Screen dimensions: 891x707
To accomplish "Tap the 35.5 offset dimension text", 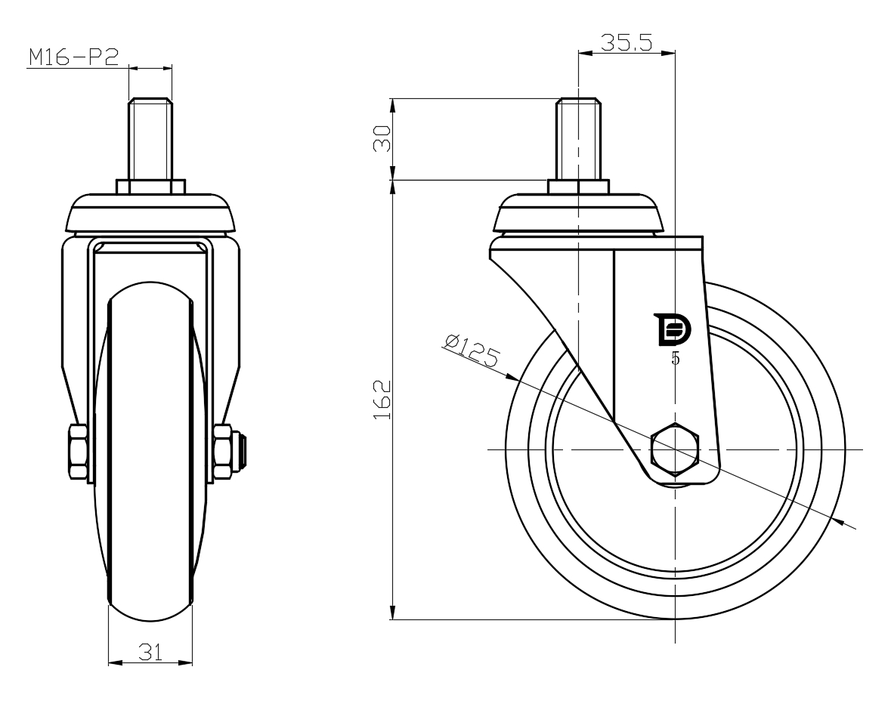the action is tap(626, 43).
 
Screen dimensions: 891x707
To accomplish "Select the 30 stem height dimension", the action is tap(382, 138).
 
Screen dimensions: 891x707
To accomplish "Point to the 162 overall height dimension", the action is tap(382, 400).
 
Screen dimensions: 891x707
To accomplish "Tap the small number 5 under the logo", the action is tap(675, 359).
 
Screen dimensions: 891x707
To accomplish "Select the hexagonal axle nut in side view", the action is tap(675, 449).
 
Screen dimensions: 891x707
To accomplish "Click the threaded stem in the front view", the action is tap(150, 140).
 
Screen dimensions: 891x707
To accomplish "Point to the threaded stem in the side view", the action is tap(578, 140).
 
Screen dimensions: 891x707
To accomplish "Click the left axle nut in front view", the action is tap(78, 451).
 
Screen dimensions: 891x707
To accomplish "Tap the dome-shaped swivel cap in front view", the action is tap(150, 214).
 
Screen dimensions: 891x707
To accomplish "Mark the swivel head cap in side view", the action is tap(578, 214).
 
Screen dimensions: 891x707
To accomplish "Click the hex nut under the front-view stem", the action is tap(150, 187).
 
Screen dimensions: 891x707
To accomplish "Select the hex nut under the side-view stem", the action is tap(578, 187).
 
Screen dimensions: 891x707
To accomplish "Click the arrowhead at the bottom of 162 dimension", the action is tap(393, 613).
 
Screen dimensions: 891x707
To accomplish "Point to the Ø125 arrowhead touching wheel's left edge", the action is tap(512, 376).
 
